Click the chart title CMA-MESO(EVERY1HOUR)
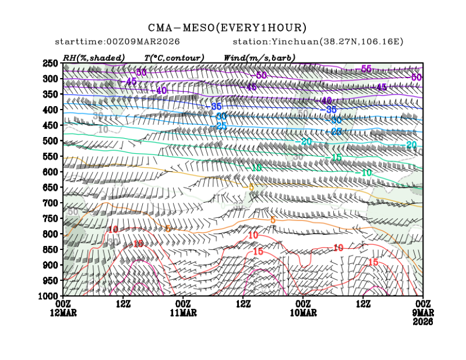[x=227, y=28]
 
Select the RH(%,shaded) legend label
[x=93, y=57]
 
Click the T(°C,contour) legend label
[x=174, y=57]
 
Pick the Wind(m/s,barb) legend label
[x=259, y=57]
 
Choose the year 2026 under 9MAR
[x=423, y=322]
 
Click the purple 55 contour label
[x=367, y=69]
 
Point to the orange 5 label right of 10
[x=273, y=220]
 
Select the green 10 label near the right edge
[x=367, y=173]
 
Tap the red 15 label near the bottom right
[x=373, y=262]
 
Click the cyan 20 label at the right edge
[x=411, y=145]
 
